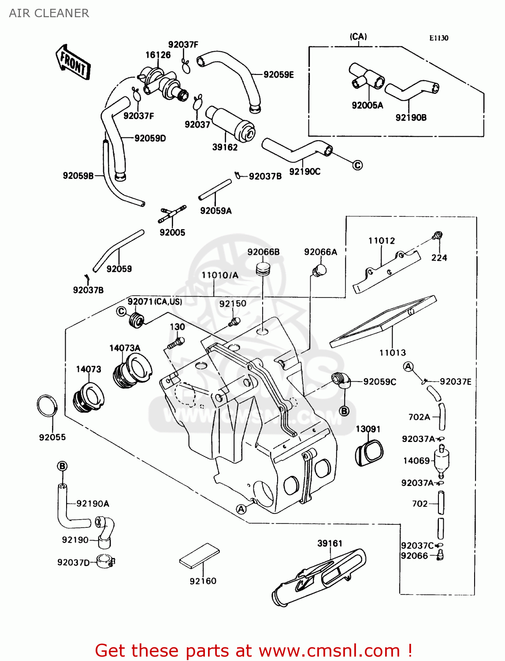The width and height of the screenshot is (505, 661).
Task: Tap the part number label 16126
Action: pyautogui.click(x=158, y=55)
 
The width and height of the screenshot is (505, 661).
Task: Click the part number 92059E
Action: pyautogui.click(x=278, y=74)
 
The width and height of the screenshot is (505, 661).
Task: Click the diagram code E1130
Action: pyautogui.click(x=438, y=38)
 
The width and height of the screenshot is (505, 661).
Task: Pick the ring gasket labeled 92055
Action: pyautogui.click(x=47, y=406)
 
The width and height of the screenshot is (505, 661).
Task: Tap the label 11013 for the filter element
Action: pyautogui.click(x=392, y=353)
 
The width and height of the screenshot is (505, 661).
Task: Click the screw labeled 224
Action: pyautogui.click(x=437, y=235)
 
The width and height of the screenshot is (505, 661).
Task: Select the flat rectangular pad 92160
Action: pyautogui.click(x=199, y=556)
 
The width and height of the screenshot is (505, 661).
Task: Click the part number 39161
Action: pyautogui.click(x=330, y=543)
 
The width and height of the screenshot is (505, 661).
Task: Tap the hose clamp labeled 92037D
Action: pyautogui.click(x=106, y=561)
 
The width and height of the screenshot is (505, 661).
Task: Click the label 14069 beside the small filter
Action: pyautogui.click(x=416, y=460)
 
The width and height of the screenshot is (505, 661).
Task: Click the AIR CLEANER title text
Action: pyautogui.click(x=49, y=13)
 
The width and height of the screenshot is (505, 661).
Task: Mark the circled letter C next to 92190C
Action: pyautogui.click(x=357, y=165)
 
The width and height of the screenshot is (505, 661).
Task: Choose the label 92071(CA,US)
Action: pyautogui.click(x=155, y=301)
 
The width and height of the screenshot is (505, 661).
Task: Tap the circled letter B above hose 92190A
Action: pyautogui.click(x=63, y=466)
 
